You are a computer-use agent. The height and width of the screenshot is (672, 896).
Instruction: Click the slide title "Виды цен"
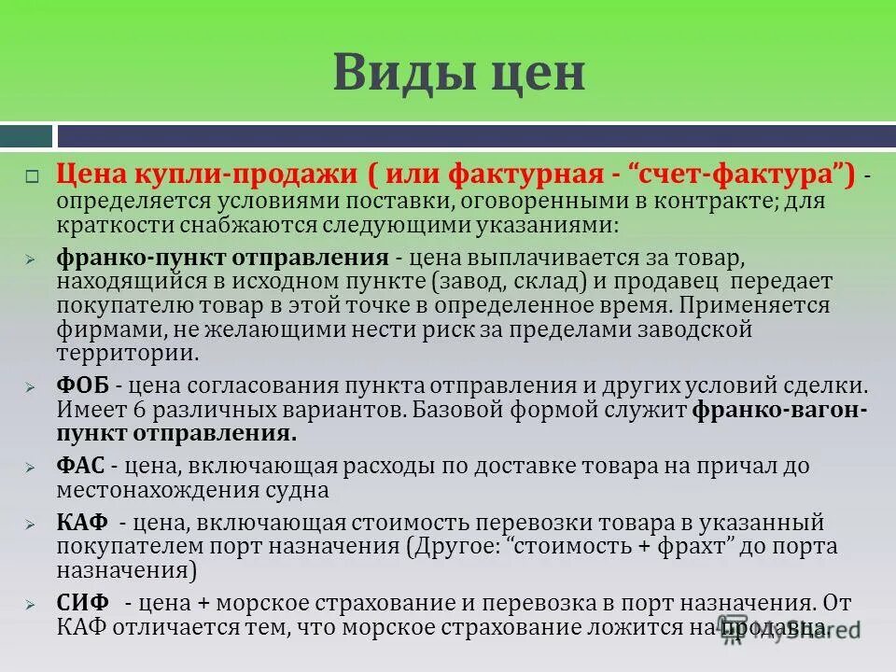(458, 73)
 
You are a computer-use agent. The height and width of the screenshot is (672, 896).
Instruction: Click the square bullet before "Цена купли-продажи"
(31, 175)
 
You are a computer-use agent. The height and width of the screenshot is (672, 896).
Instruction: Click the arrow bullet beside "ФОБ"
(31, 386)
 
